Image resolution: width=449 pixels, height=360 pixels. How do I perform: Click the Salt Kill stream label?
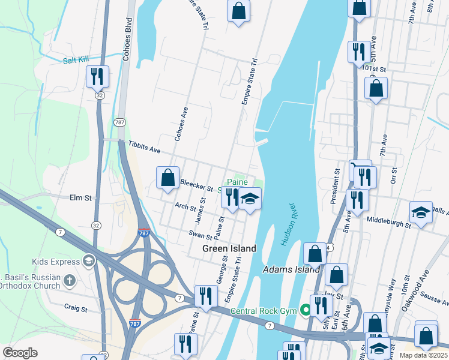pyautogui.click(x=77, y=60)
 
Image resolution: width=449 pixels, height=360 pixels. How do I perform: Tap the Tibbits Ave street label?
pyautogui.click(x=145, y=147)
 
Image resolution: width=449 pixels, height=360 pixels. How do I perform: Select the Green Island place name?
pyautogui.click(x=229, y=248)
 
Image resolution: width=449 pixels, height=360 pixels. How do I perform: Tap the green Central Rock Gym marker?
pyautogui.click(x=306, y=310)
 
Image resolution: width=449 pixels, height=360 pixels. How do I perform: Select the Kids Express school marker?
pyautogui.click(x=89, y=261)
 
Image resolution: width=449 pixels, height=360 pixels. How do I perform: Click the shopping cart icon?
pyautogui.click(x=360, y=167)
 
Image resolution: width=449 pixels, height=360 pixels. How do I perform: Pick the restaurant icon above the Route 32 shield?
pyautogui.click(x=97, y=76)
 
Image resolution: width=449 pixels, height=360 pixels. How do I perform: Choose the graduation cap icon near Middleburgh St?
pyautogui.click(x=421, y=212)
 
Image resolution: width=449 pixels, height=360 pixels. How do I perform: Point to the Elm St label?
pyautogui.click(x=80, y=197)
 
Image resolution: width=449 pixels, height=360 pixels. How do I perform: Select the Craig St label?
pyautogui.click(x=76, y=308)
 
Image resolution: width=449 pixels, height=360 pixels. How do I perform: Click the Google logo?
pyautogui.click(x=20, y=353)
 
